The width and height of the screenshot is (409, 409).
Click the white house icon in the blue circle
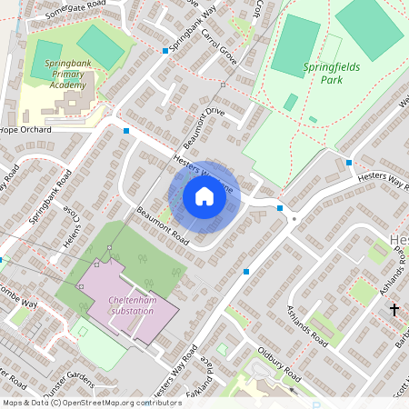click(x=204, y=196)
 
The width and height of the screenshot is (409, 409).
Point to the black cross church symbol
click(x=394, y=310)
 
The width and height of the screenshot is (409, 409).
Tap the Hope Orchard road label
click(x=26, y=130)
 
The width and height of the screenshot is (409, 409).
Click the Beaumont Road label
click(x=163, y=227)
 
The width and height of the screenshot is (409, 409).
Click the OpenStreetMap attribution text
click(x=91, y=402)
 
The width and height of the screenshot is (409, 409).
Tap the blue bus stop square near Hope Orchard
click(x=125, y=131)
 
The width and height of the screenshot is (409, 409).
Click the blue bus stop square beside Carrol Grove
click(x=165, y=51)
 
